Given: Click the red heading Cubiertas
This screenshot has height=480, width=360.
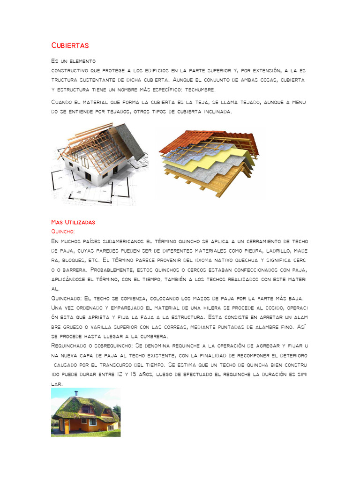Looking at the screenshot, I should coord(70,45).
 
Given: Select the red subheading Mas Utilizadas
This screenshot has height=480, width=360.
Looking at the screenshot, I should coord(73,222).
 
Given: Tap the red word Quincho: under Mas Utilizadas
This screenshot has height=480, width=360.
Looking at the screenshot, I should coord(63,231).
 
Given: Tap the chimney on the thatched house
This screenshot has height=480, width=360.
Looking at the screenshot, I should coord(77,393).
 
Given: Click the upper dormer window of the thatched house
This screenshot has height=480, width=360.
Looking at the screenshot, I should coord(86,409).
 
